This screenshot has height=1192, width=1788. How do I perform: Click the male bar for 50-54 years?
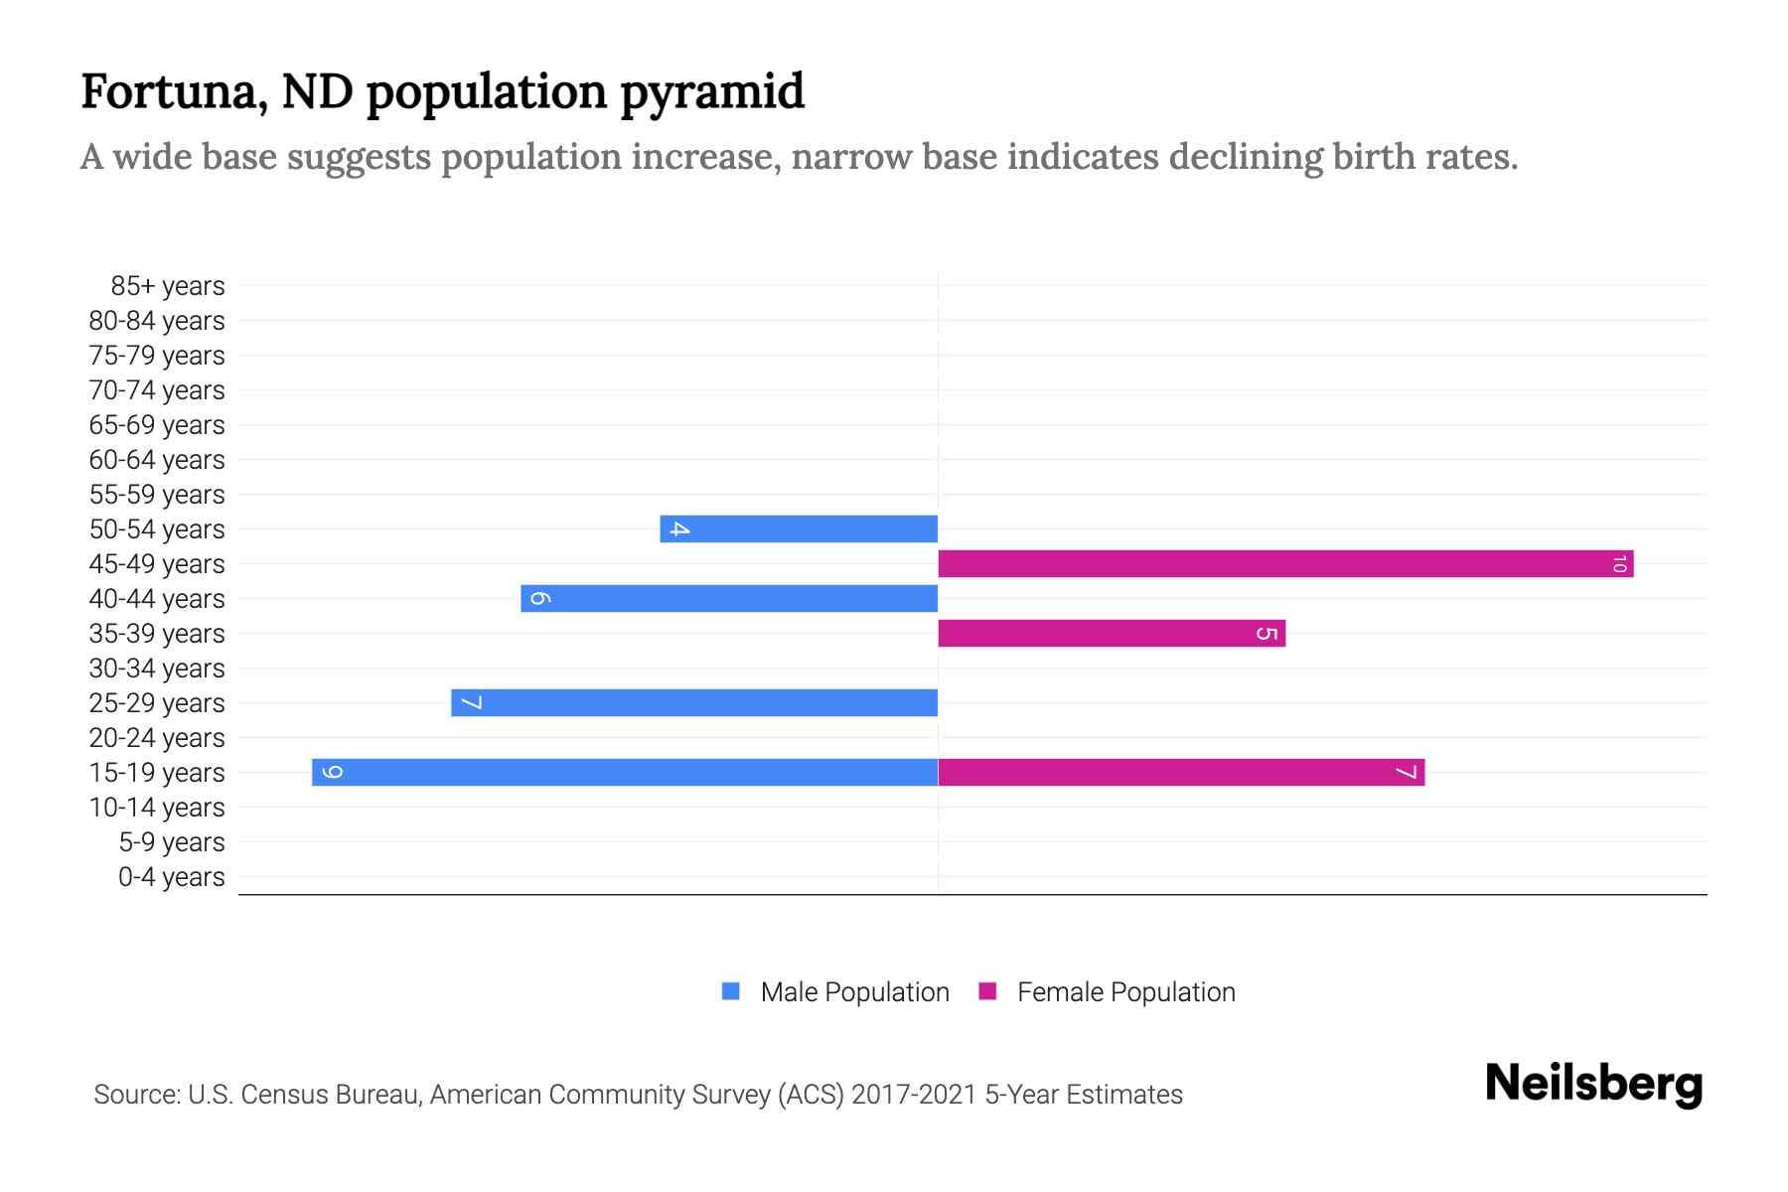800,528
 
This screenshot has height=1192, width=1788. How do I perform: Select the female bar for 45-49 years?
1285,563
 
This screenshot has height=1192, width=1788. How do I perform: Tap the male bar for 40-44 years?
730,598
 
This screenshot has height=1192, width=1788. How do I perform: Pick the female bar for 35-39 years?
1112,633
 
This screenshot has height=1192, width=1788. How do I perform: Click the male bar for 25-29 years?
695,702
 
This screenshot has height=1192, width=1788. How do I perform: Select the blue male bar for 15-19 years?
626,772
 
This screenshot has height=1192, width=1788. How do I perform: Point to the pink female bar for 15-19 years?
1181,772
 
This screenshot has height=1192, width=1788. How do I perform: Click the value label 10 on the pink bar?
1619,564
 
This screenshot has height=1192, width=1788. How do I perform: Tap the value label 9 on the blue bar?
333,772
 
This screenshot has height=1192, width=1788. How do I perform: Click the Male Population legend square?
731,991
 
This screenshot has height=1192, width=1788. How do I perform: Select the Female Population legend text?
1125,991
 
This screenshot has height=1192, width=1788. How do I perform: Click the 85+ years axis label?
168,286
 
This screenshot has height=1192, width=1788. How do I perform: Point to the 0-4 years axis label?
171,877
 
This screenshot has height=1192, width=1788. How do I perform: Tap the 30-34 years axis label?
157,669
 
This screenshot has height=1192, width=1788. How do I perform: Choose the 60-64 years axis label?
157,460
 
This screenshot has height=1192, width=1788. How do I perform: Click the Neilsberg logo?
1593,1085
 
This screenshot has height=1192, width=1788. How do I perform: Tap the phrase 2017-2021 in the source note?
914,1095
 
